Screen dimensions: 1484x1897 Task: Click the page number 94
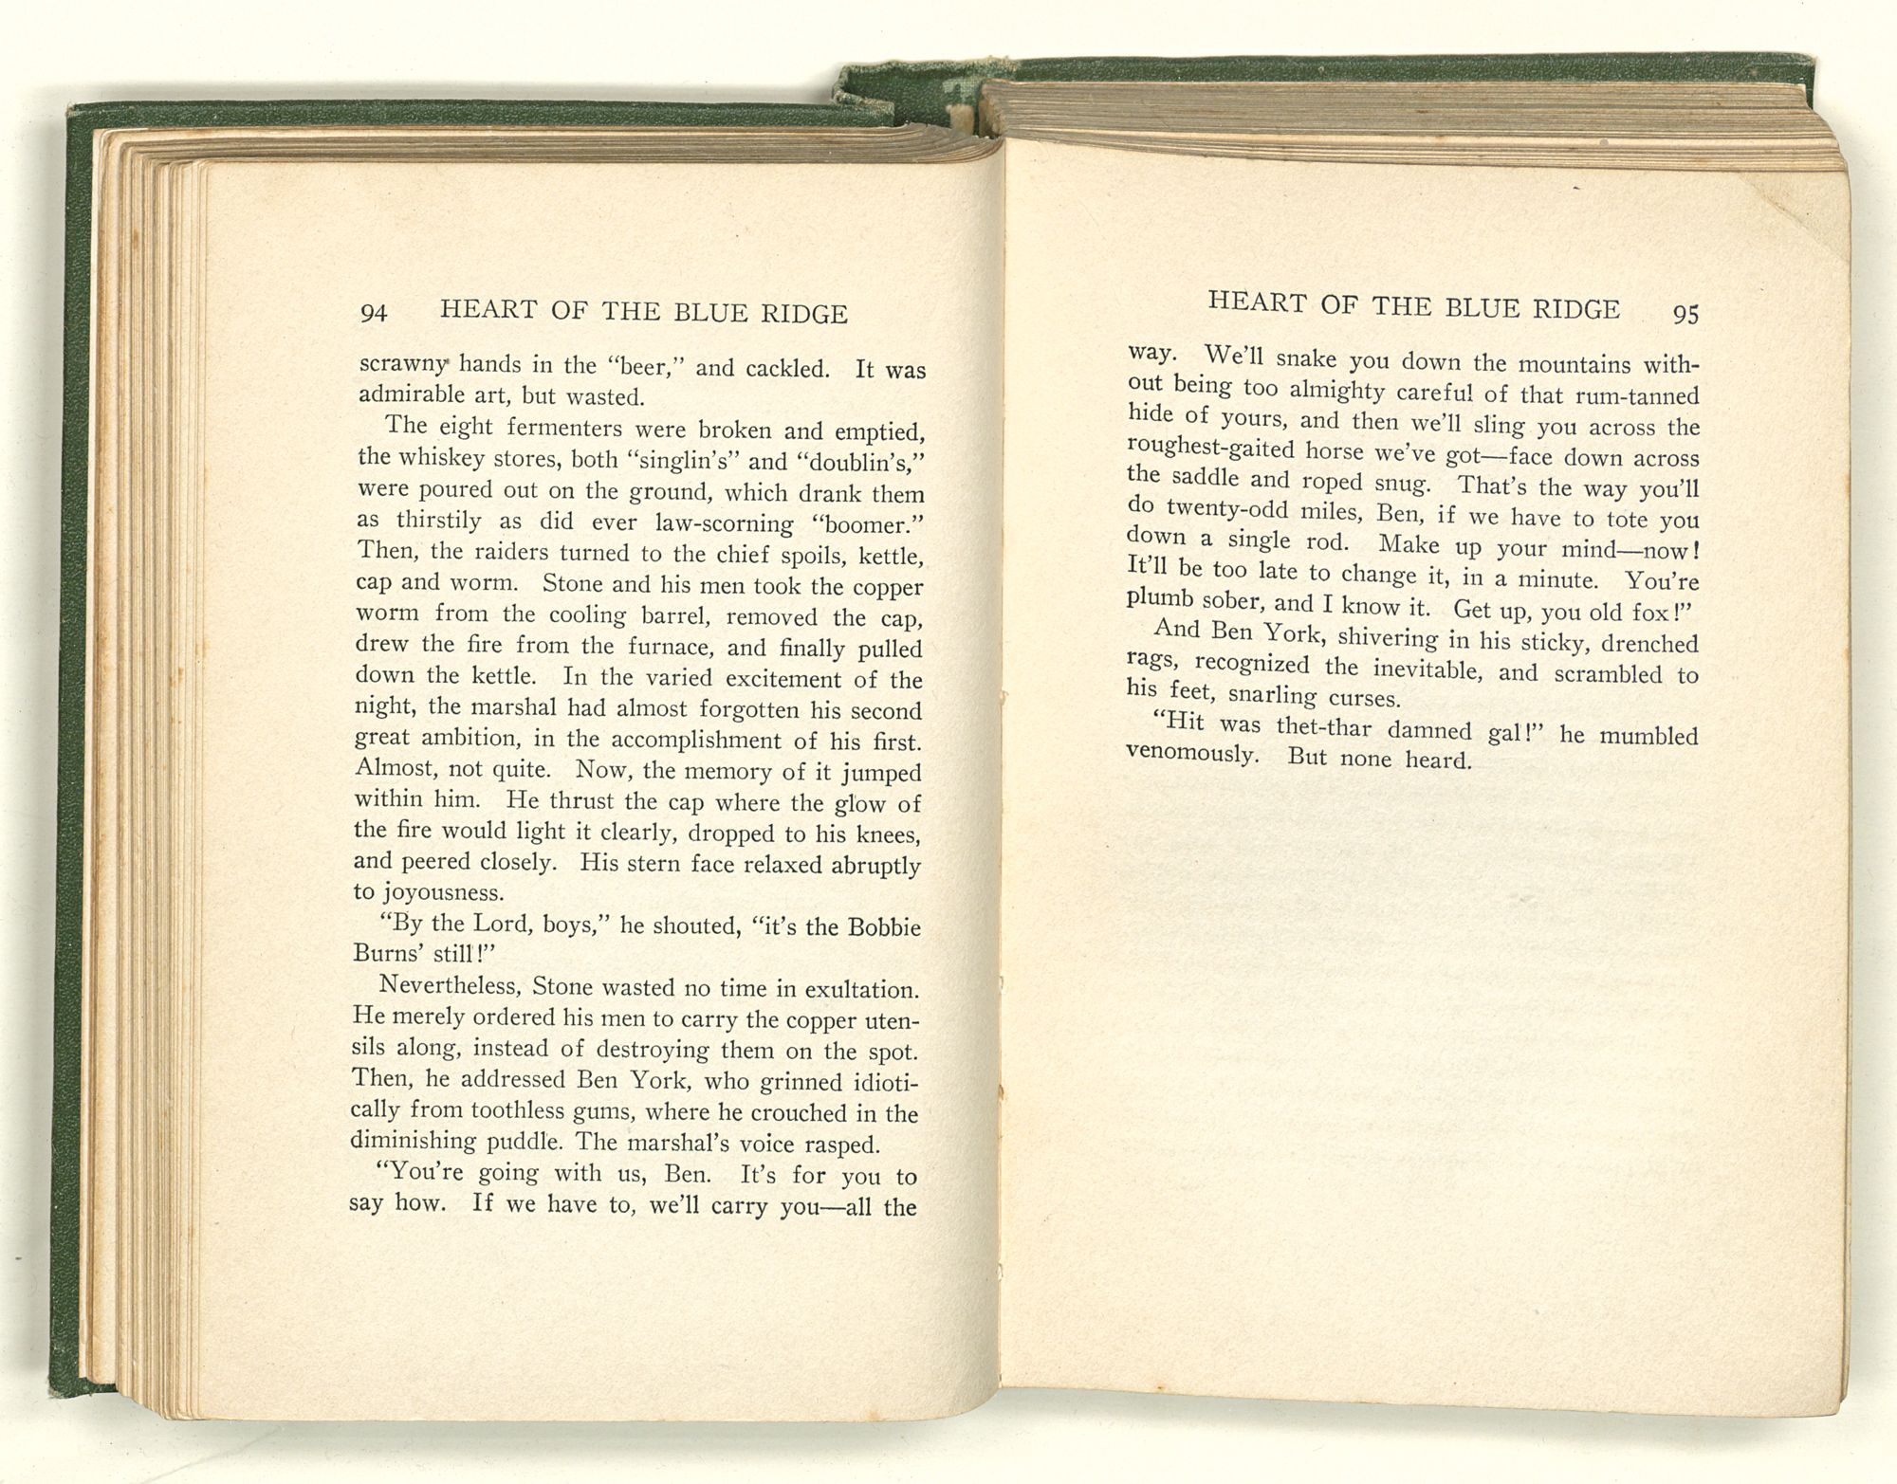[374, 313]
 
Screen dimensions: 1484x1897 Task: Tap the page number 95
[1685, 315]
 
